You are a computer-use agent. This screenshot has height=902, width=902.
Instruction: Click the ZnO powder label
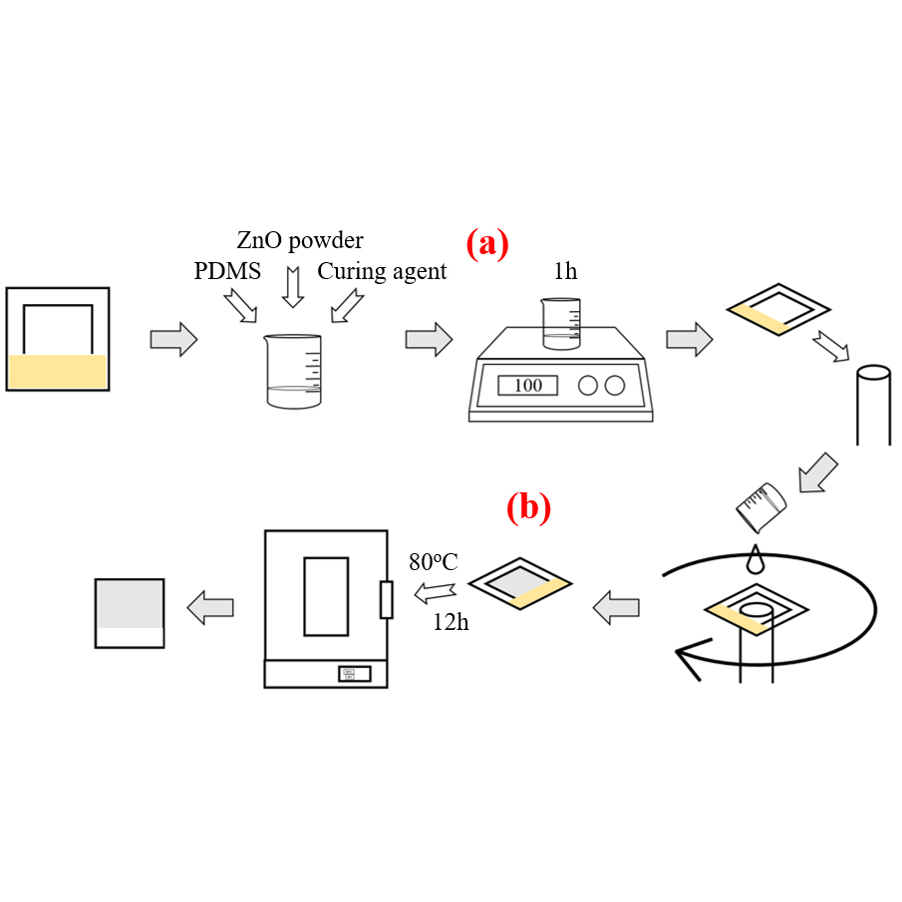click(299, 240)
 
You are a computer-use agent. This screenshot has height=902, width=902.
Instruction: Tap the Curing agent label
click(382, 271)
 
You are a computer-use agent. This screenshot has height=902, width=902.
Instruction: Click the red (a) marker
click(487, 243)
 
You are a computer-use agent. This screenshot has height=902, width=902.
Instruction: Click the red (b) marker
click(528, 508)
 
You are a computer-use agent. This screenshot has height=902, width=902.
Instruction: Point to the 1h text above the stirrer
click(565, 271)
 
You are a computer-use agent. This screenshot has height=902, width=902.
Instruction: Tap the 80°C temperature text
click(433, 562)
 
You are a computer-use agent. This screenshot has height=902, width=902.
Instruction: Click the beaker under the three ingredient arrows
click(294, 370)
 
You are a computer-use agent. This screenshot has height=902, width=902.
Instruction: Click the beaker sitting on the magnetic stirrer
click(561, 322)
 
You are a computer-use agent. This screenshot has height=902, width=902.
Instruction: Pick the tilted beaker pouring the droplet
click(762, 505)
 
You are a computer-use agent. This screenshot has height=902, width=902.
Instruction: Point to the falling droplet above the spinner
click(755, 559)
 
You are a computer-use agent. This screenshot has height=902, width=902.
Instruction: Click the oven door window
click(326, 596)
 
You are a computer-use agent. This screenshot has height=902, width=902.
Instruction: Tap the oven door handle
click(387, 600)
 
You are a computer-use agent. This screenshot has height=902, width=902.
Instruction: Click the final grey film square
click(130, 611)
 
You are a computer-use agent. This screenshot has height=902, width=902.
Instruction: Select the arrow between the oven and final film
click(210, 606)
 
